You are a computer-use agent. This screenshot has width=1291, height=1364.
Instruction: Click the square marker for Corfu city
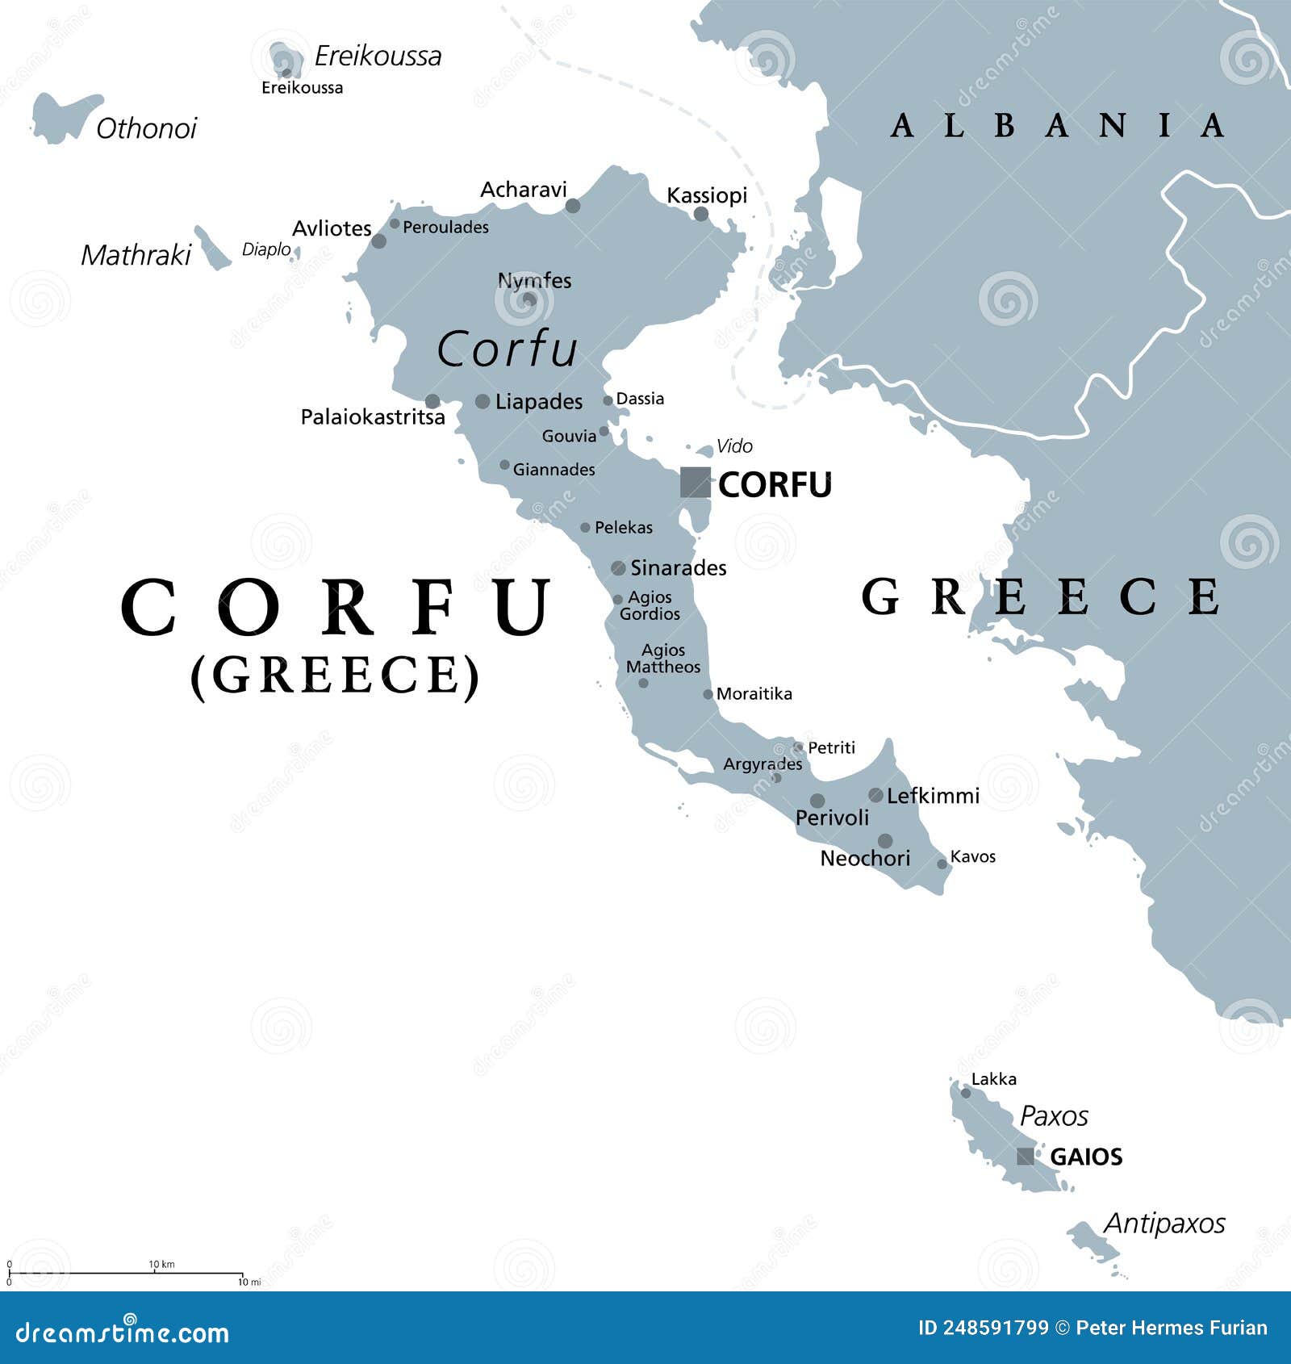(x=695, y=483)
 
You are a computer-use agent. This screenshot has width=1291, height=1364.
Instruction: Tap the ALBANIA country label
(x=1057, y=126)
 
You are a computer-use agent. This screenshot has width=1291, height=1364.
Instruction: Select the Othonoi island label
(x=146, y=128)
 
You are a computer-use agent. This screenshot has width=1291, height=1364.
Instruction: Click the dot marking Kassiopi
(x=701, y=214)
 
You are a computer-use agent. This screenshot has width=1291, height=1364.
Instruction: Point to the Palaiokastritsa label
(x=373, y=417)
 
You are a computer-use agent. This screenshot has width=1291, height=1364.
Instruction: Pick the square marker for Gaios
(x=1026, y=1156)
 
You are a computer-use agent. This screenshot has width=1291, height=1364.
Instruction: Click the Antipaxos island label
(x=1164, y=1224)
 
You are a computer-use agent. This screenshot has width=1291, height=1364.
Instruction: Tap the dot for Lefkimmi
(x=875, y=795)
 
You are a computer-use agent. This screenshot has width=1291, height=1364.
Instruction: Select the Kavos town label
(x=973, y=856)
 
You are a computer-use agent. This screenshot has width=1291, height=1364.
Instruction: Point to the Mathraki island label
(x=136, y=256)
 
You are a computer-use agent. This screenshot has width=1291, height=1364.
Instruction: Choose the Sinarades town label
(x=678, y=568)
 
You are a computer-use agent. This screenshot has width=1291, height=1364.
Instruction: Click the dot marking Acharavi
(x=573, y=206)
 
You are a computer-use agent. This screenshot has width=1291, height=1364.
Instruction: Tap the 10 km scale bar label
(x=161, y=1264)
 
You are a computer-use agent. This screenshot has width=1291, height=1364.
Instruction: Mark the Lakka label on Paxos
(x=994, y=1079)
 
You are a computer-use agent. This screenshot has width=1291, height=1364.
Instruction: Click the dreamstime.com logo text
(x=123, y=1333)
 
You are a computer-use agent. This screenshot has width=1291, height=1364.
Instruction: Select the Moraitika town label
(x=754, y=694)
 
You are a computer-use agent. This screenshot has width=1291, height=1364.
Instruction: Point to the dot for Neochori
(x=885, y=840)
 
